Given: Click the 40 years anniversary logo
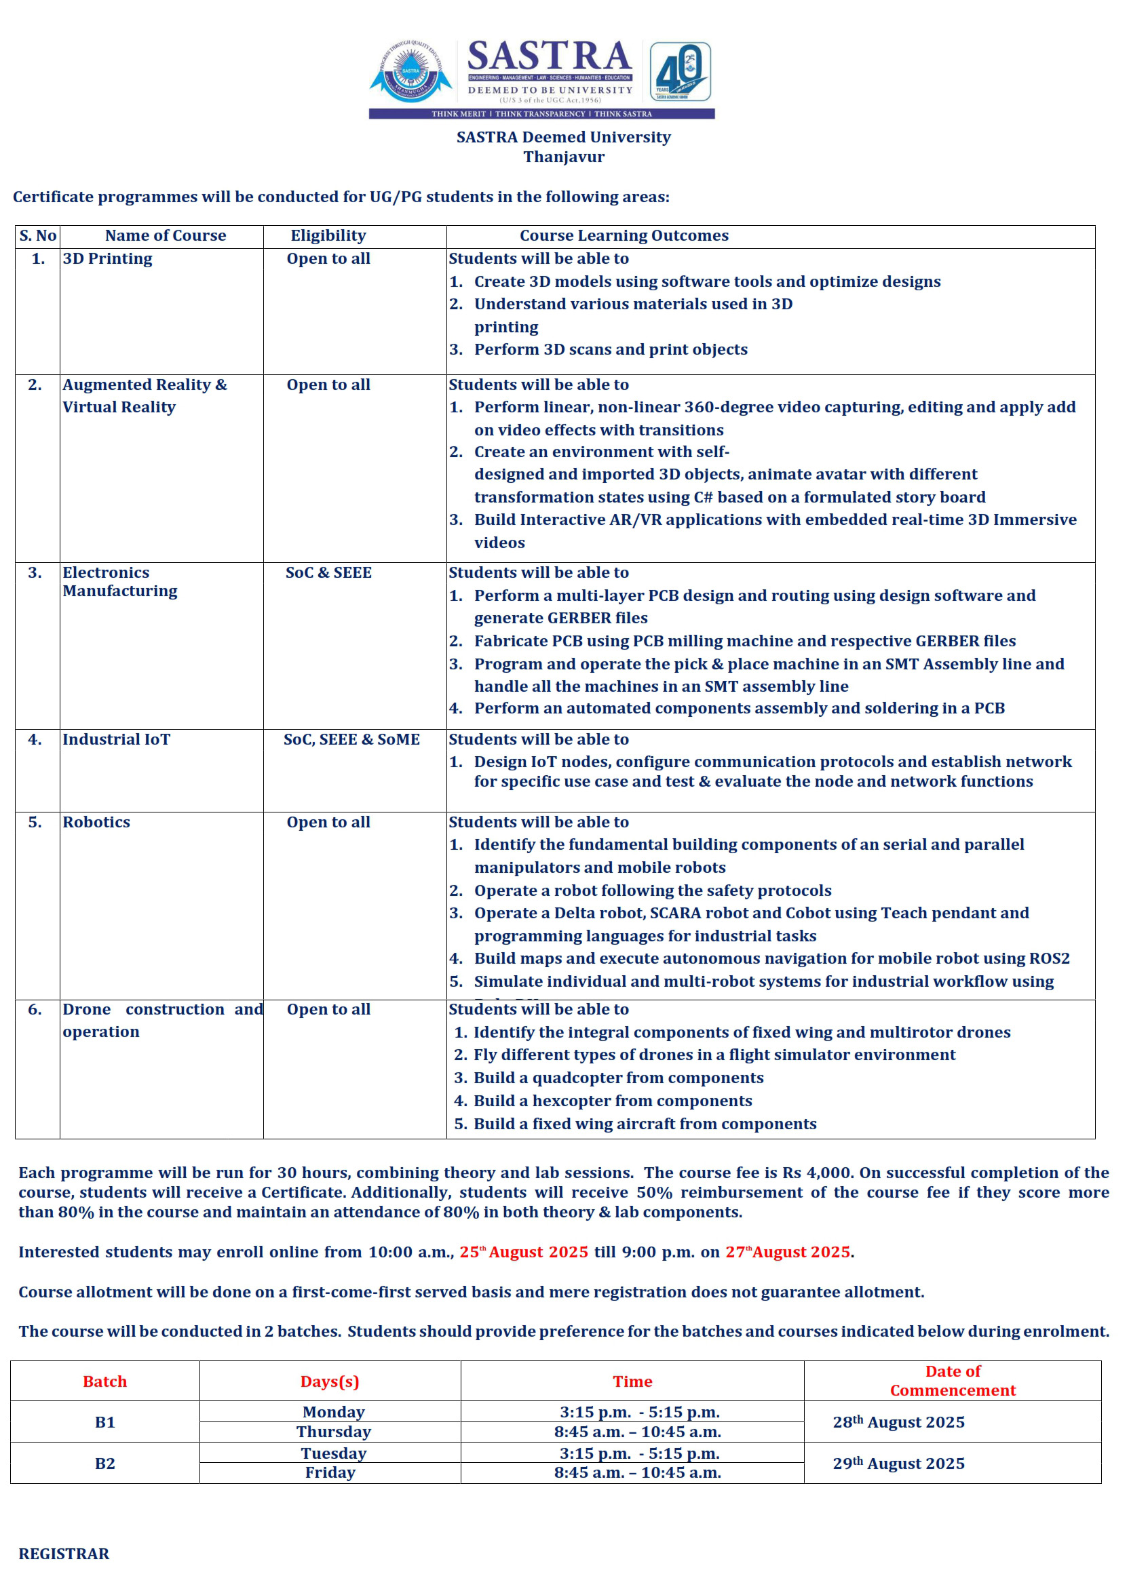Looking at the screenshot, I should (x=679, y=72).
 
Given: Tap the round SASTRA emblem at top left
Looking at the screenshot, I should (x=411, y=72).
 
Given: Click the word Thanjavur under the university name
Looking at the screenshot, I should (x=564, y=157).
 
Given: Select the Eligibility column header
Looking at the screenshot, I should (x=328, y=236).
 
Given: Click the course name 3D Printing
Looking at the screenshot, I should (x=107, y=259).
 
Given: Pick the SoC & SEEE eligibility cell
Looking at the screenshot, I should (x=328, y=573).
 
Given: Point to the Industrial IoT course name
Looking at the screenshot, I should (x=116, y=740).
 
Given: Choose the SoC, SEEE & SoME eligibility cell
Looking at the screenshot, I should (x=351, y=740).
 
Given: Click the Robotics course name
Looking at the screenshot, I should (x=96, y=823).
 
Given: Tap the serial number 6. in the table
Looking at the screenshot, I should (x=35, y=1010).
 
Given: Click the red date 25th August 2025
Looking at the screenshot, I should (x=524, y=1252).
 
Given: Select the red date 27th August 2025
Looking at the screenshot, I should (x=788, y=1252).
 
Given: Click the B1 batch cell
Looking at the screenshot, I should (x=105, y=1422).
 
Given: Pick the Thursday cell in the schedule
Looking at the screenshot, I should (x=334, y=1432).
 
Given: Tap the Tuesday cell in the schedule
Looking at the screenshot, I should (x=334, y=1453).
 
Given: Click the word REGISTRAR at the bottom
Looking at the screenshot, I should (x=64, y=1554).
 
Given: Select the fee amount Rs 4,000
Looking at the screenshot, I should (x=817, y=1173).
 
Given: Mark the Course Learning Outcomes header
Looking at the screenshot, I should (x=624, y=236).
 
